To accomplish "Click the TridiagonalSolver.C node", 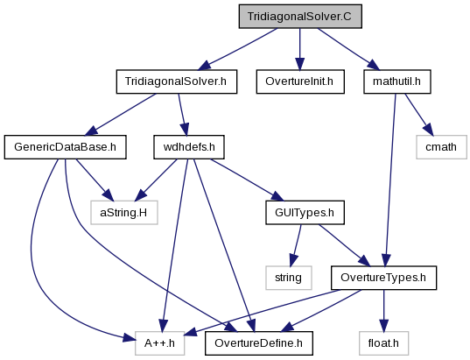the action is [300, 16].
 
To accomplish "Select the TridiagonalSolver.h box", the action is [177, 81].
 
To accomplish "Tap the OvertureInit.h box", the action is [300, 81].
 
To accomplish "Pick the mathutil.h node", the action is [397, 81].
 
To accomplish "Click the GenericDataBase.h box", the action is [65, 147].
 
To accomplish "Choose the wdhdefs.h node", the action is [189, 147].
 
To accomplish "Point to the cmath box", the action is [441, 147].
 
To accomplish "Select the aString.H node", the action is [124, 212].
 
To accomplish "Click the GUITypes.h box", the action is [305, 212].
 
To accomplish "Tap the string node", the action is [288, 278].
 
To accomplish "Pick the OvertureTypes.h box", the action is [383, 278].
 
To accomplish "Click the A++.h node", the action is [160, 343].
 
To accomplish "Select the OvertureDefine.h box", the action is [259, 343].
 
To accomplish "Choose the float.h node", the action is [383, 343].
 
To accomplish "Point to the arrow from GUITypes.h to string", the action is [296, 245].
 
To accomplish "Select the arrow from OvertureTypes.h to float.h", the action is [383, 310].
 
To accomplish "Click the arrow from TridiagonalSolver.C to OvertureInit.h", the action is [299, 49].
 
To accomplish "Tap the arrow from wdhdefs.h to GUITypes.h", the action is [247, 180].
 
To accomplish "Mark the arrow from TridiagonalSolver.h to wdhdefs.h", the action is [183, 115].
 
